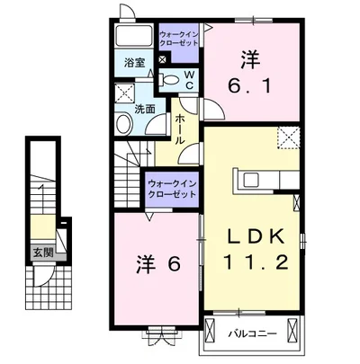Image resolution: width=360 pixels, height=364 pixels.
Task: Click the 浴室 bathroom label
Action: tap(135, 63)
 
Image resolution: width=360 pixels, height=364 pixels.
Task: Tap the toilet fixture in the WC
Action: tap(168, 80)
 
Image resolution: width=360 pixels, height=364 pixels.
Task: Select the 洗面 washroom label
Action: tap(145, 109)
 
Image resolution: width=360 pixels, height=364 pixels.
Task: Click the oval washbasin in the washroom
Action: tap(124, 124)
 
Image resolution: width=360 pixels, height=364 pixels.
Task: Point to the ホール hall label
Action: tap(180, 129)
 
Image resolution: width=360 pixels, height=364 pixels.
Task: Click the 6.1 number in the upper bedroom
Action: tap(249, 85)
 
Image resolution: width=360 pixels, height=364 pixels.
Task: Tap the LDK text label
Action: tap(256, 236)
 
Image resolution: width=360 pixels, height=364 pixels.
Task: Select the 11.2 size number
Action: tap(256, 262)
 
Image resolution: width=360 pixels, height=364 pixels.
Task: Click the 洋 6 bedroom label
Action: tap(158, 263)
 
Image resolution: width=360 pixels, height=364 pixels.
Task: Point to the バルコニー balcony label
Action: tap(252, 333)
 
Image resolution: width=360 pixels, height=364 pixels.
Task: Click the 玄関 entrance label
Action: tap(43, 253)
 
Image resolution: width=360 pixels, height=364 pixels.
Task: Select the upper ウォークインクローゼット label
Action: tap(179, 39)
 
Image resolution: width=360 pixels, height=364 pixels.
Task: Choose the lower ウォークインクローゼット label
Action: tap(172, 189)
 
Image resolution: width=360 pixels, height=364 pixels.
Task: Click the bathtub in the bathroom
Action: tap(134, 37)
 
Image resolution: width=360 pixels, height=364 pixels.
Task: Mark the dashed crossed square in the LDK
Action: tap(289, 138)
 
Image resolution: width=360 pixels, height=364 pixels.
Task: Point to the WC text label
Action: tap(189, 80)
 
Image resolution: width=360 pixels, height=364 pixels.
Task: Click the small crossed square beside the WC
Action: tap(162, 59)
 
